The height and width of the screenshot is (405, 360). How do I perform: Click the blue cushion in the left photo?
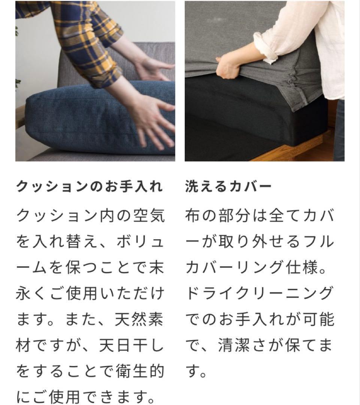coord(75,120)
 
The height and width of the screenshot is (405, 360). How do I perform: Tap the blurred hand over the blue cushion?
coord(154,120)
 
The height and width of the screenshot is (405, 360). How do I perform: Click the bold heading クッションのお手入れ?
coord(90,186)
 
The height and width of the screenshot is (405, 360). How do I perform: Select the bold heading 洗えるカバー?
coord(228,186)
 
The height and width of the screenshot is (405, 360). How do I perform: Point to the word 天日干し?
coord(131,345)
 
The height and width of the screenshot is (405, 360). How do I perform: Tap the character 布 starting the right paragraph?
coord(193,216)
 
